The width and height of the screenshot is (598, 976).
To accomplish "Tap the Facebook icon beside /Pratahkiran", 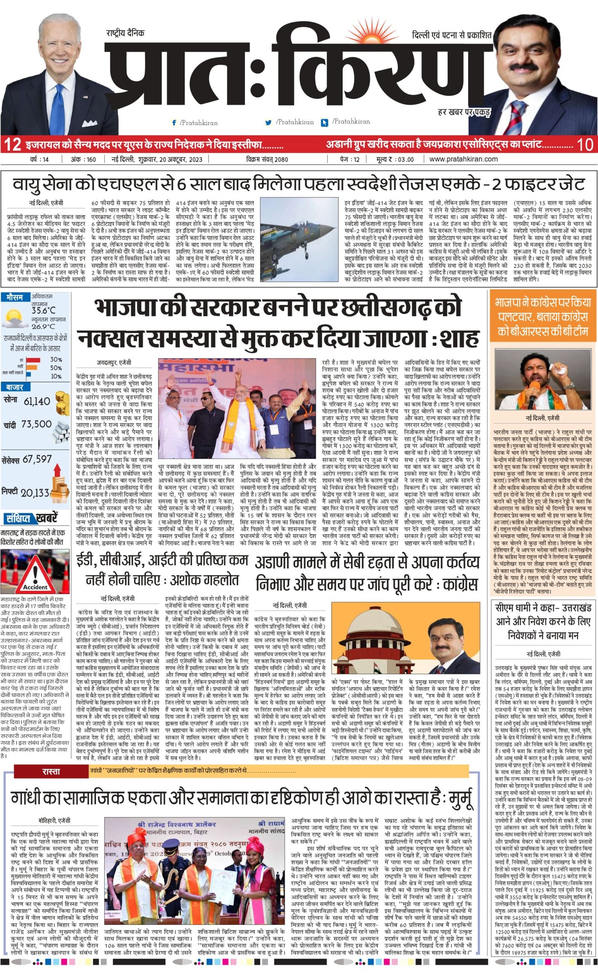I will click(174, 123).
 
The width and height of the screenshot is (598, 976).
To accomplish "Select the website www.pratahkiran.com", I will click(463, 159).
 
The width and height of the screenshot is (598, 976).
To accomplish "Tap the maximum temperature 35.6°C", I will click(43, 310).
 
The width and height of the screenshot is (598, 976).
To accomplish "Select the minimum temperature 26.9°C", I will click(43, 326).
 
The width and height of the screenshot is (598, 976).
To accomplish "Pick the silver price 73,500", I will click(37, 424).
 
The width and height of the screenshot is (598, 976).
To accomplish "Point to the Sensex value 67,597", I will click(37, 459).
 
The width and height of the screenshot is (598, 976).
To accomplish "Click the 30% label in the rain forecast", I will click(56, 360).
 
